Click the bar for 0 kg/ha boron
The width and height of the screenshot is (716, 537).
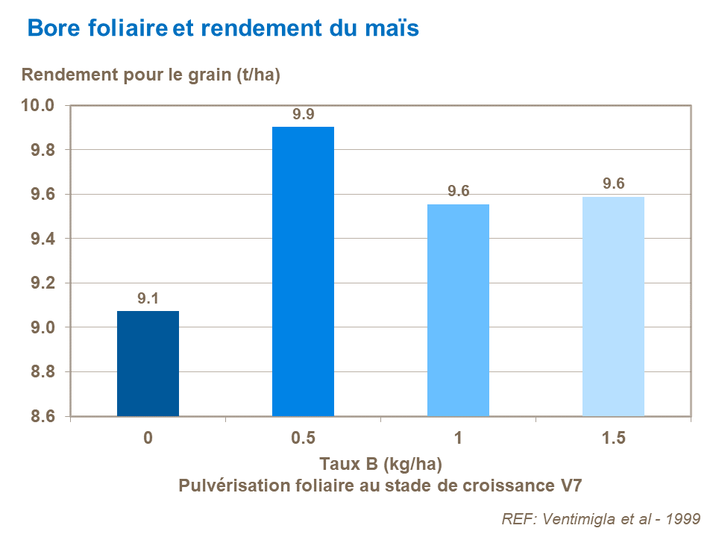[x=148, y=363]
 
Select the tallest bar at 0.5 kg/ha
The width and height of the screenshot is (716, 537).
[x=303, y=271]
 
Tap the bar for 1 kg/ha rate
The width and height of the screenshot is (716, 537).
[x=458, y=310]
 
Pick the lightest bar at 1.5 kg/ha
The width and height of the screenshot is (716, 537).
[x=613, y=306]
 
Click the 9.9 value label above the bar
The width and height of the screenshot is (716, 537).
[x=303, y=114]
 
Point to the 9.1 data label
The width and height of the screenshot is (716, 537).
[x=148, y=298]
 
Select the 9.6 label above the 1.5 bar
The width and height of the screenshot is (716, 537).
[x=613, y=183]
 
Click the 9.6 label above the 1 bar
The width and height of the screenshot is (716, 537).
[x=458, y=192]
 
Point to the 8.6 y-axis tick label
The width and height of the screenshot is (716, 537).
[x=41, y=416]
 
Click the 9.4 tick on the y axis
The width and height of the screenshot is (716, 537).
[x=41, y=239]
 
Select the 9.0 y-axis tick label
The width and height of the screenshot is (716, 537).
[x=41, y=327]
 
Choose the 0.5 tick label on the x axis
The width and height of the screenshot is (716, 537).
[x=303, y=438]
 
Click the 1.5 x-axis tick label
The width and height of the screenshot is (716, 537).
[x=613, y=438]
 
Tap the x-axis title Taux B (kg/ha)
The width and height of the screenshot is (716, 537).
[x=381, y=463]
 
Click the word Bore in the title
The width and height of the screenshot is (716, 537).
[x=51, y=28]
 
